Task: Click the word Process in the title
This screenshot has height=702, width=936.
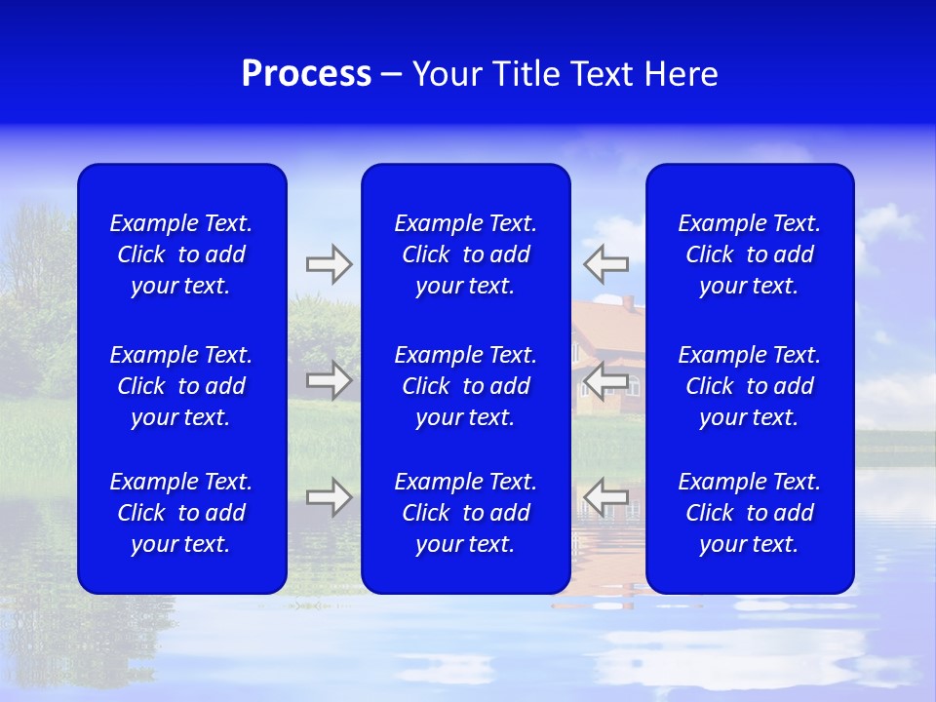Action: pos(306,74)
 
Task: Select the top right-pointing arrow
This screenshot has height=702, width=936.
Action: pos(329,263)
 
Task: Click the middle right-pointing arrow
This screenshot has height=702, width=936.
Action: pos(329,379)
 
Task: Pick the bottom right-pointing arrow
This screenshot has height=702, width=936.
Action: pos(329,497)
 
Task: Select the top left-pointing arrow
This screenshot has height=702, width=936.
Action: pos(606,263)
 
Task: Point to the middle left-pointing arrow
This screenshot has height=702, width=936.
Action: pos(606,379)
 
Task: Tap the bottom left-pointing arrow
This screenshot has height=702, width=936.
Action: pos(606,497)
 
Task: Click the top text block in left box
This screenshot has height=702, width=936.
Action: pos(181,254)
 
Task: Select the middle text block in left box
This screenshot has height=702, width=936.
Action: pos(181,386)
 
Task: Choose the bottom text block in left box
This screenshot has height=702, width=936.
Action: pos(181,513)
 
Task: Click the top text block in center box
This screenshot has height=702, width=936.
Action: pos(466,254)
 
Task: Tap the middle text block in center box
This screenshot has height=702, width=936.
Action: pos(466,386)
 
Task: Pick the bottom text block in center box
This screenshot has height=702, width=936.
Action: pos(466,513)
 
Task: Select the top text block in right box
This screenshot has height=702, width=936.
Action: pos(750,254)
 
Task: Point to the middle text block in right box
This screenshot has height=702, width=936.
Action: pos(750,386)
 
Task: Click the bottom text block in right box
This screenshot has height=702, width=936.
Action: pos(750,513)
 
